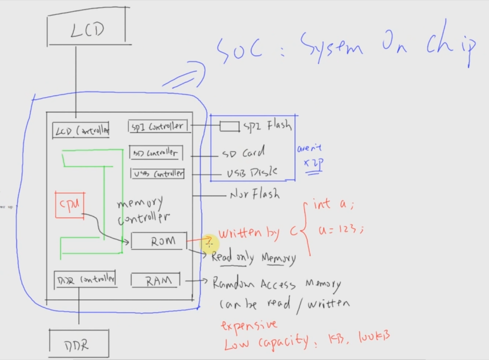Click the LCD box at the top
tap(87, 28)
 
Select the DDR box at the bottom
tap(79, 344)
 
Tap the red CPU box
tap(70, 205)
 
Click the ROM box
tap(159, 241)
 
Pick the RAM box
tap(156, 280)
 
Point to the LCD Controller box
tap(81, 131)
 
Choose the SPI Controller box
tap(158, 126)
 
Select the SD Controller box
tap(156, 153)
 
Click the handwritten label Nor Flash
tap(255, 194)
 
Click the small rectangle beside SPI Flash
tap(229, 126)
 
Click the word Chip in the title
tap(451, 48)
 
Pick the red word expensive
tap(249, 325)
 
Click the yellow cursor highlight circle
tap(209, 244)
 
